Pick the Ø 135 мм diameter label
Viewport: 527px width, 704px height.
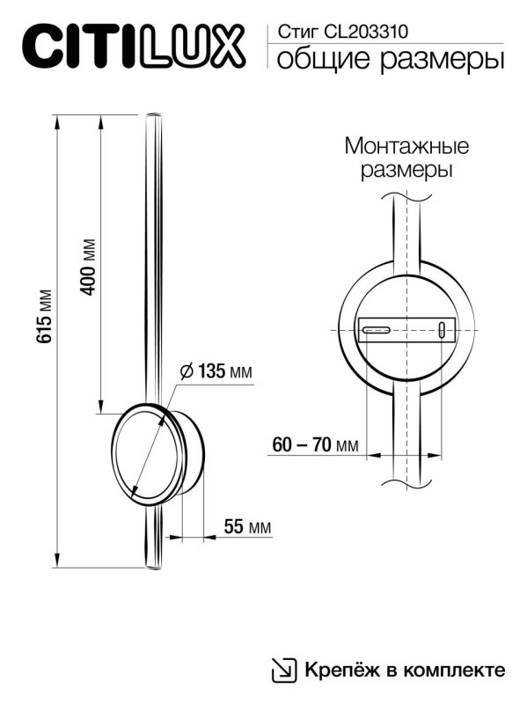pyautogui.click(x=216, y=371)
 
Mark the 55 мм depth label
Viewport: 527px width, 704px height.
pyautogui.click(x=246, y=527)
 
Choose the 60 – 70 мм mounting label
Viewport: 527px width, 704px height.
pyautogui.click(x=315, y=445)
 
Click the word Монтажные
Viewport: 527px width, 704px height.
pyautogui.click(x=406, y=145)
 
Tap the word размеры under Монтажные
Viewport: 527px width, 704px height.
pyautogui.click(x=406, y=170)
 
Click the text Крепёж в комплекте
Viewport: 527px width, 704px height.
pyautogui.click(x=405, y=670)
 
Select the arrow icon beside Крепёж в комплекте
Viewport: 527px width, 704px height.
pyautogui.click(x=283, y=670)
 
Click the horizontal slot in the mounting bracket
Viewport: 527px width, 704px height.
pyautogui.click(x=377, y=330)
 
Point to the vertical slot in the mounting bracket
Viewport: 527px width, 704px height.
pyautogui.click(x=441, y=331)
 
